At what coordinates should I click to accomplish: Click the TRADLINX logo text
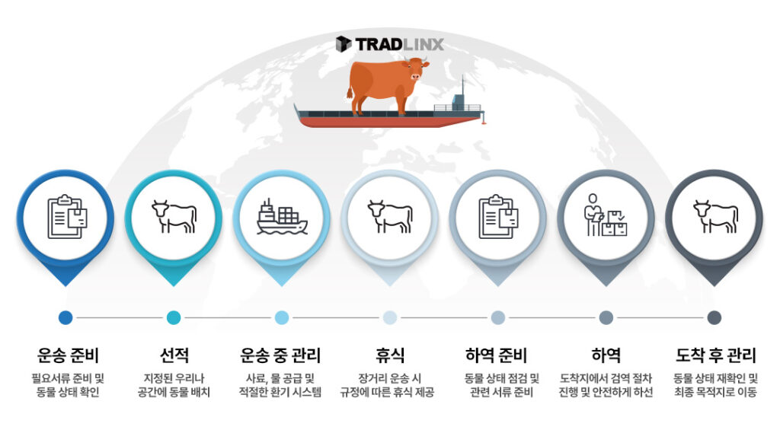coord(399,44)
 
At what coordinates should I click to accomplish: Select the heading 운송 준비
coord(68,355)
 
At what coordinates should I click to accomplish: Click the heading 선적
coord(174,355)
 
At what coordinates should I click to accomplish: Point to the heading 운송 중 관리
coord(280,355)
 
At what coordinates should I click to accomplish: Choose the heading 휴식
coord(390,355)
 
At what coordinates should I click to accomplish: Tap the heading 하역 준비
coord(496,355)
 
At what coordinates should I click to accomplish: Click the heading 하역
coord(606,355)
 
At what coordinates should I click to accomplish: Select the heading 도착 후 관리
coord(715,355)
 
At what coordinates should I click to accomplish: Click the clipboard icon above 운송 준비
coord(67,217)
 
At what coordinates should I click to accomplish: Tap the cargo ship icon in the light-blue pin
coord(282,217)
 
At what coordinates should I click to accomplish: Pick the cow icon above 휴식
coord(390,216)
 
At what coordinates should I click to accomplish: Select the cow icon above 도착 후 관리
coord(715,216)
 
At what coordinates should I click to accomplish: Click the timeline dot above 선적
coord(174,317)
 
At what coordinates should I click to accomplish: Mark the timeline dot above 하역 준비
coord(498,317)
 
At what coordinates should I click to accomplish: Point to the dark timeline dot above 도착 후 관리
coord(714,317)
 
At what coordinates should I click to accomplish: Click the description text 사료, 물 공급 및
coord(280,378)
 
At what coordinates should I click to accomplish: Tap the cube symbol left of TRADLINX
coord(344,43)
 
